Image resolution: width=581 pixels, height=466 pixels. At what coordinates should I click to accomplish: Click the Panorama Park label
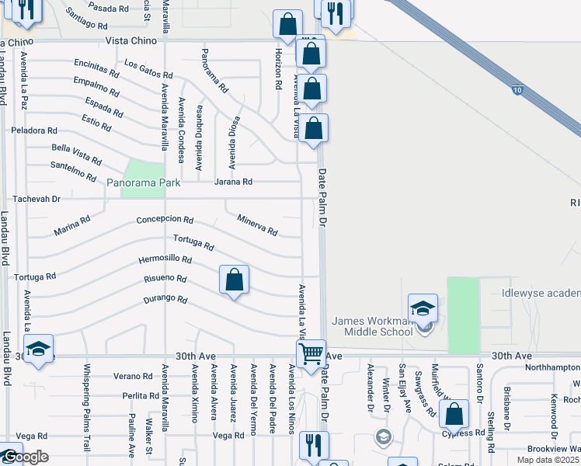point(144,183)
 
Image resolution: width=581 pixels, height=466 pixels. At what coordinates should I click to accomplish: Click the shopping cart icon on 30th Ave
point(311,354)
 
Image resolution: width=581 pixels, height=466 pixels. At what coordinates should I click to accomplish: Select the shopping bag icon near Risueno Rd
point(234,280)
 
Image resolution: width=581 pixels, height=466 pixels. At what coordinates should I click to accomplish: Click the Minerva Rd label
point(257,225)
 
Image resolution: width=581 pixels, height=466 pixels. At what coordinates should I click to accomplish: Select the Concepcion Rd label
point(164,220)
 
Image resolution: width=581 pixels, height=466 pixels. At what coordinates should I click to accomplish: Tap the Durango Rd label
point(165,299)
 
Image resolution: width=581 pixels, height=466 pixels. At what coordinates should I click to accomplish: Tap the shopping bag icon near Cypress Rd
point(454,414)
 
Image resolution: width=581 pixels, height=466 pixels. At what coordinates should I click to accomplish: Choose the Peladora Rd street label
point(33,130)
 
